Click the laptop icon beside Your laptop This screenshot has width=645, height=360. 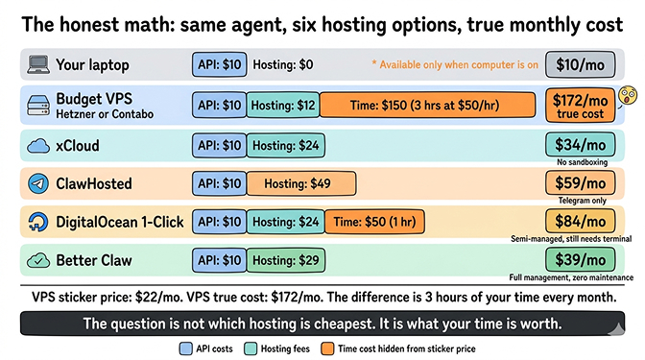pos(37,65)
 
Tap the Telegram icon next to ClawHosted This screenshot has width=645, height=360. pos(37,182)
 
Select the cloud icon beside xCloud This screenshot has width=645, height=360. pos(37,145)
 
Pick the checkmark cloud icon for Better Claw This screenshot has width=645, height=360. pos(37,260)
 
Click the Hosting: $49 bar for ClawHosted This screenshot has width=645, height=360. pos(301,183)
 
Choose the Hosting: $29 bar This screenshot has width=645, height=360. pos(285,260)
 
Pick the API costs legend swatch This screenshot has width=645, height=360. pos(185,348)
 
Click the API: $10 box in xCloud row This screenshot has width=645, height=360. pos(220,145)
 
